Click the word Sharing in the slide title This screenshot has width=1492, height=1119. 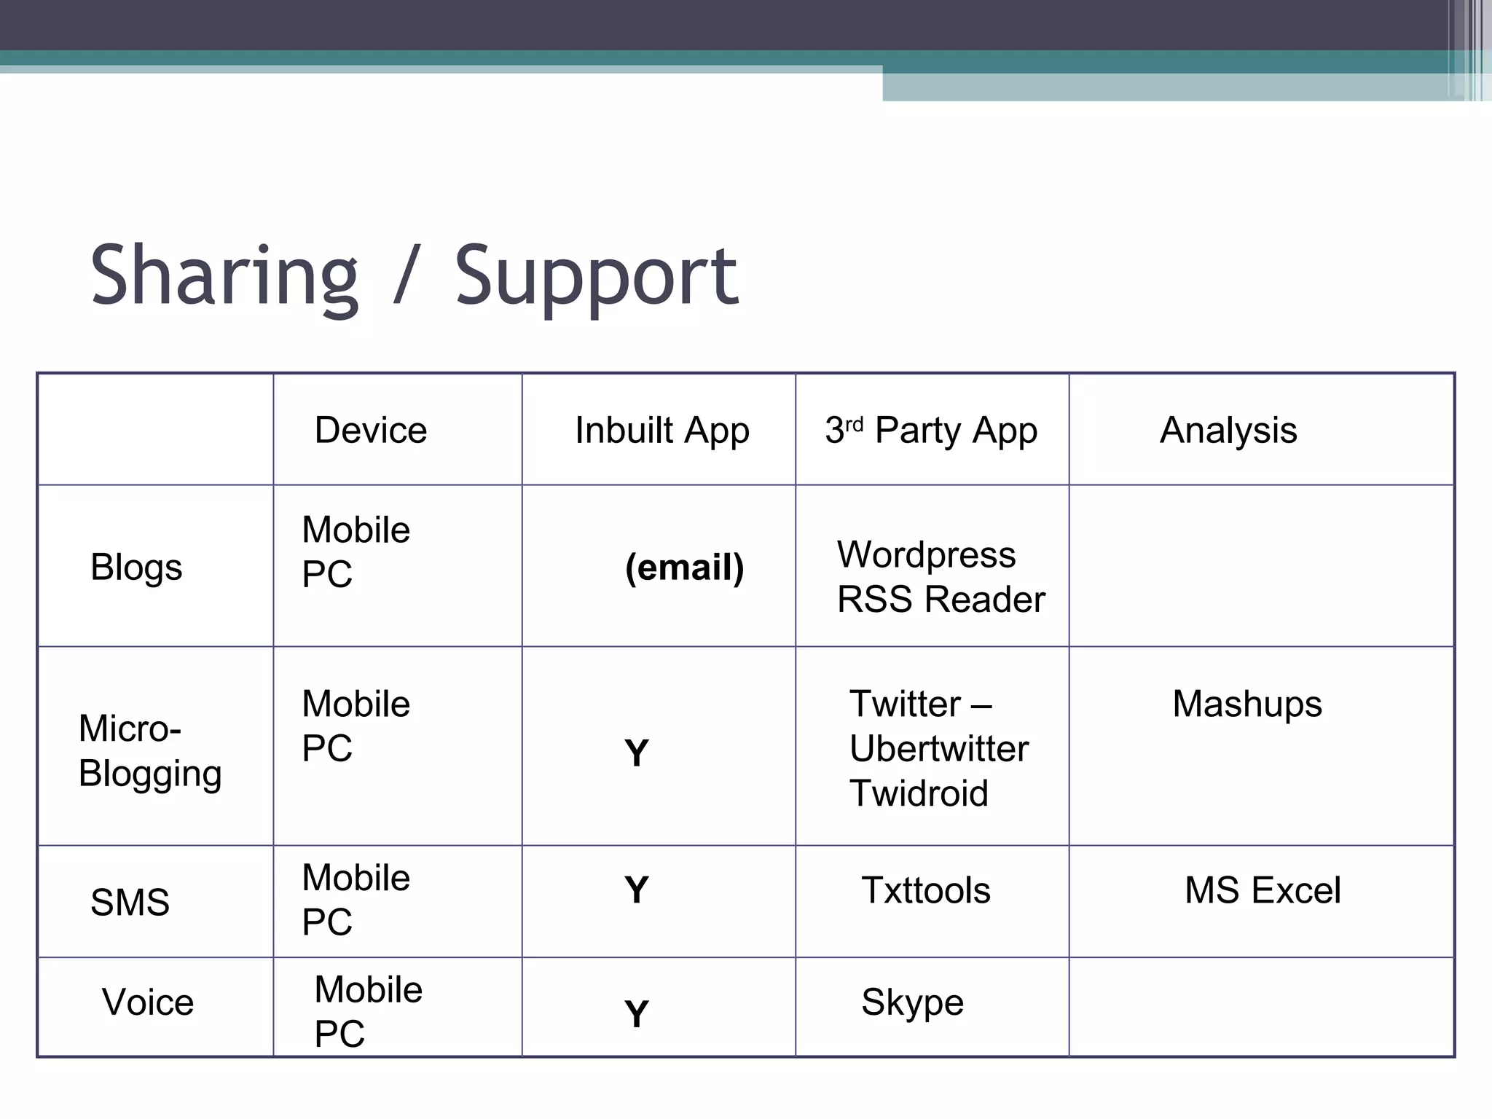pyautogui.click(x=224, y=277)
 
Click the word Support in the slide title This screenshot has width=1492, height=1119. pyautogui.click(x=596, y=277)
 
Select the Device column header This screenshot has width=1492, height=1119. pyautogui.click(x=370, y=430)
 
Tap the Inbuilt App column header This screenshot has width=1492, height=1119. pyautogui.click(x=661, y=430)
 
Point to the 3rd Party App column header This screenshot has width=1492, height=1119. pyautogui.click(x=931, y=430)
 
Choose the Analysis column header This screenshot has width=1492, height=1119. pyautogui.click(x=1228, y=430)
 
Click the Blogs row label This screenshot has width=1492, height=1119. pyautogui.click(x=136, y=567)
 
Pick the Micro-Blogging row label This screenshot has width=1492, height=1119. pyautogui.click(x=149, y=750)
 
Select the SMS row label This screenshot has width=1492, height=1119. pyautogui.click(x=130, y=902)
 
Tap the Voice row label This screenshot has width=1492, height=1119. pyautogui.click(x=148, y=1002)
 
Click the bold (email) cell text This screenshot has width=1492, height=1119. pyautogui.click(x=684, y=568)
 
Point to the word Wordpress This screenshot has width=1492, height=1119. pyautogui.click(x=926, y=554)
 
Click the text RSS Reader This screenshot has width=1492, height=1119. pyautogui.click(x=941, y=600)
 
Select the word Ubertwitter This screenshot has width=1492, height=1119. pyautogui.click(x=939, y=748)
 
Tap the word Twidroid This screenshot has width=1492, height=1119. pyautogui.click(x=919, y=793)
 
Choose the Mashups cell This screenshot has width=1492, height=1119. pyautogui.click(x=1247, y=704)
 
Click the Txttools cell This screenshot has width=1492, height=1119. pyautogui.click(x=926, y=890)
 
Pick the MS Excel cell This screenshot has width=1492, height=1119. pyautogui.click(x=1263, y=890)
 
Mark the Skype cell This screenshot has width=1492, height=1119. pyautogui.click(x=912, y=1002)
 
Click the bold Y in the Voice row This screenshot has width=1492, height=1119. pyautogui.click(x=636, y=1014)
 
